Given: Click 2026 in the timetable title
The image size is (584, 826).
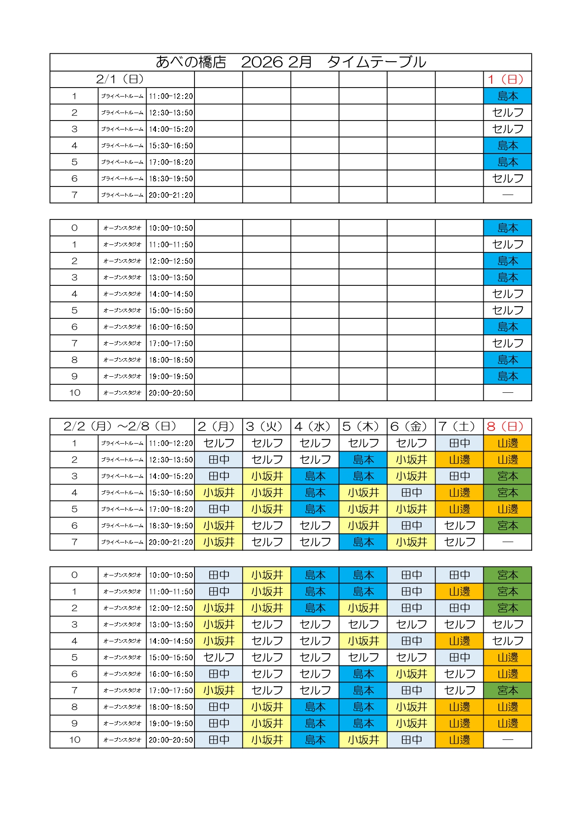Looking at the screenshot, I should pyautogui.click(x=262, y=62).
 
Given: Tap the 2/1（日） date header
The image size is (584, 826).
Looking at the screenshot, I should pyautogui.click(x=120, y=79).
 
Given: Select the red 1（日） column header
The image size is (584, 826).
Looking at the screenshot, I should pyautogui.click(x=507, y=80).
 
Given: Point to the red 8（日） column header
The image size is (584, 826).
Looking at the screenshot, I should pyautogui.click(x=507, y=427).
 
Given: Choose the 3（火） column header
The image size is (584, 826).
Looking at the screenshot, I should pyautogui.click(x=266, y=427).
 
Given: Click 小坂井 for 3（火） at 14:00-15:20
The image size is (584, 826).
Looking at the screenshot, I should pyautogui.click(x=267, y=476).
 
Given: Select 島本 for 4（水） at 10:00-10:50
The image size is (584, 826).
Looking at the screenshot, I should pyautogui.click(x=315, y=575).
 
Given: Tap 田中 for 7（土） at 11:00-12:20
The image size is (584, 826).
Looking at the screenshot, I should pyautogui.click(x=459, y=443).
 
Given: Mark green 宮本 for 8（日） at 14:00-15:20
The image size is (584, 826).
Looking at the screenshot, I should pyautogui.click(x=507, y=476).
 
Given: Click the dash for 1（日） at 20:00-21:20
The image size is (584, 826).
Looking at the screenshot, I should pyautogui.click(x=507, y=195).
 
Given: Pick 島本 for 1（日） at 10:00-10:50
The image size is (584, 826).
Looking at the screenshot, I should pyautogui.click(x=507, y=228).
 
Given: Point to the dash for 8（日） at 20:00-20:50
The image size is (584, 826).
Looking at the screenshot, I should pyautogui.click(x=507, y=740).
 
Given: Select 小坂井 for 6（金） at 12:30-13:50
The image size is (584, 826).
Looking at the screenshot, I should pyautogui.click(x=411, y=460).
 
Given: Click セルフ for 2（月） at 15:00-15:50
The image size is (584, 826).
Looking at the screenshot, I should pyautogui.click(x=219, y=657).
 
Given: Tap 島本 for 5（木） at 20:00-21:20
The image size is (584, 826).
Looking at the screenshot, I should pyautogui.click(x=363, y=542).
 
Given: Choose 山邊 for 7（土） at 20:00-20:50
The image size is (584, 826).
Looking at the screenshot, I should pyautogui.click(x=459, y=740).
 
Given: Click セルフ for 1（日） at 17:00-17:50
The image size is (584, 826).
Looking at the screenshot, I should pyautogui.click(x=507, y=343).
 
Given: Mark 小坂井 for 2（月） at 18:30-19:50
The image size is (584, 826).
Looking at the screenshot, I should pyautogui.click(x=219, y=526).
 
